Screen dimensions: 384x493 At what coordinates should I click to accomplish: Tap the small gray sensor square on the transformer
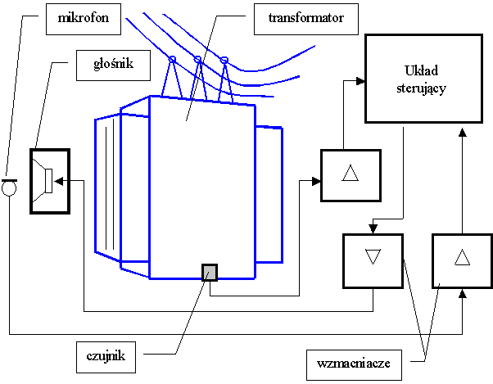210,272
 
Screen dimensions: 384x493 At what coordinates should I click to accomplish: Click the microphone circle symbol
9,189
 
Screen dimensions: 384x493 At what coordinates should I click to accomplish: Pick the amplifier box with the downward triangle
373,260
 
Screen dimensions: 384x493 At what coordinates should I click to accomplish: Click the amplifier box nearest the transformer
351,175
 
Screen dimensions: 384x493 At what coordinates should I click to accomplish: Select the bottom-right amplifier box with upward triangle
462,260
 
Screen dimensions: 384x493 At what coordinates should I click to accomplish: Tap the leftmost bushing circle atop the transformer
172,60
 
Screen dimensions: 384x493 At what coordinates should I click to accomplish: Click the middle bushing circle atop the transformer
197,59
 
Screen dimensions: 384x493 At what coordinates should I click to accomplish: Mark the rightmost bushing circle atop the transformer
224,59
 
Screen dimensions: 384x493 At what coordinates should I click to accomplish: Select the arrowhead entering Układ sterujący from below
462,128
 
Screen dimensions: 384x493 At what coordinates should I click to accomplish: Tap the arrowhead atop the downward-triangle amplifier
373,228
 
